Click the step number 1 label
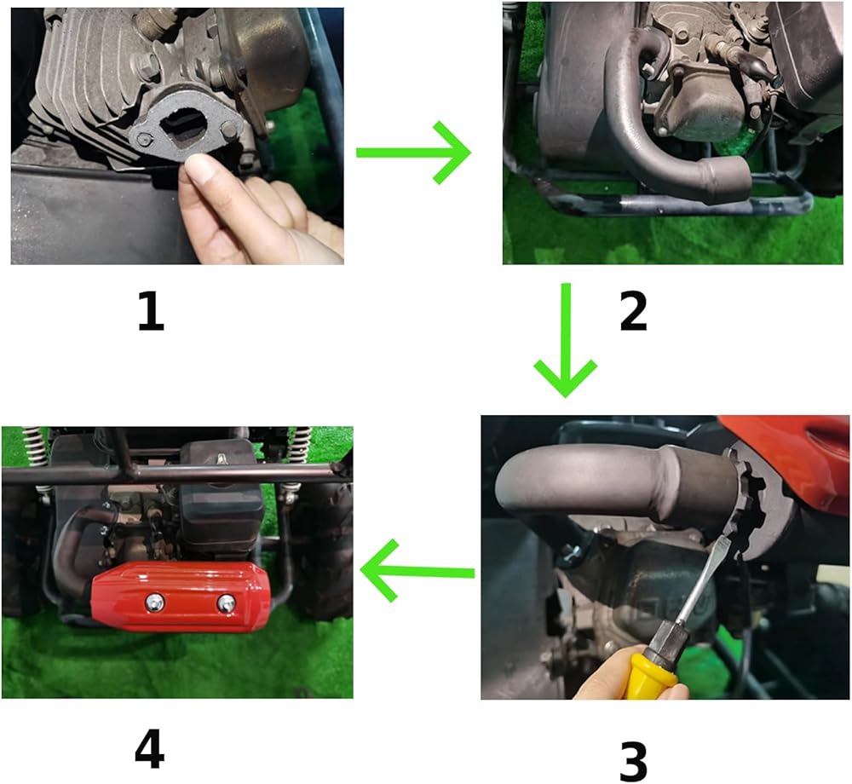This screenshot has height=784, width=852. click(x=151, y=311)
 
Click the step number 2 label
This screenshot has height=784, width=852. click(x=634, y=311)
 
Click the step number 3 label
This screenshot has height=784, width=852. click(x=634, y=761)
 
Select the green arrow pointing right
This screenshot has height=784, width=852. click(x=413, y=153)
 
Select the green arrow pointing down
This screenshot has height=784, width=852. click(x=566, y=339)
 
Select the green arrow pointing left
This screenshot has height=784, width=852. click(x=417, y=570)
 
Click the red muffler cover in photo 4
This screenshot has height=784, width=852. click(x=181, y=597)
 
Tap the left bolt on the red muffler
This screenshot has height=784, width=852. click(x=153, y=601)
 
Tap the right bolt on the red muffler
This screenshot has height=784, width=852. click(x=226, y=602)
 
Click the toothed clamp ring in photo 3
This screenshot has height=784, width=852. click(x=750, y=503)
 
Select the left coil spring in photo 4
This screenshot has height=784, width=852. click(x=33, y=448)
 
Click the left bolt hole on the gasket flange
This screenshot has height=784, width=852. click(x=143, y=139)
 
